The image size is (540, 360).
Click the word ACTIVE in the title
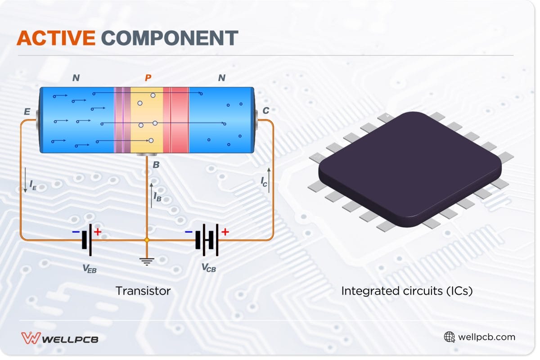click(x=56, y=39)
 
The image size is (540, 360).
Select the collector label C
click(x=265, y=111)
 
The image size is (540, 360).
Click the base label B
click(x=156, y=165)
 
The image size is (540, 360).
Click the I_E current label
click(x=32, y=184)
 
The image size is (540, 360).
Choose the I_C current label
click(x=264, y=181)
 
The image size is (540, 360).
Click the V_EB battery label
click(x=89, y=269)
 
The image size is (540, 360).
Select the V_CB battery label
click(x=208, y=269)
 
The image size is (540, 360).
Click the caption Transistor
click(x=143, y=291)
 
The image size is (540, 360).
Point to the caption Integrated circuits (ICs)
click(x=407, y=291)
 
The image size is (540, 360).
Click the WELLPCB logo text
click(x=70, y=339)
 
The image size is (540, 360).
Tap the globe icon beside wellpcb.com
click(x=449, y=337)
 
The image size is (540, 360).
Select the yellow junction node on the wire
click(x=146, y=240)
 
